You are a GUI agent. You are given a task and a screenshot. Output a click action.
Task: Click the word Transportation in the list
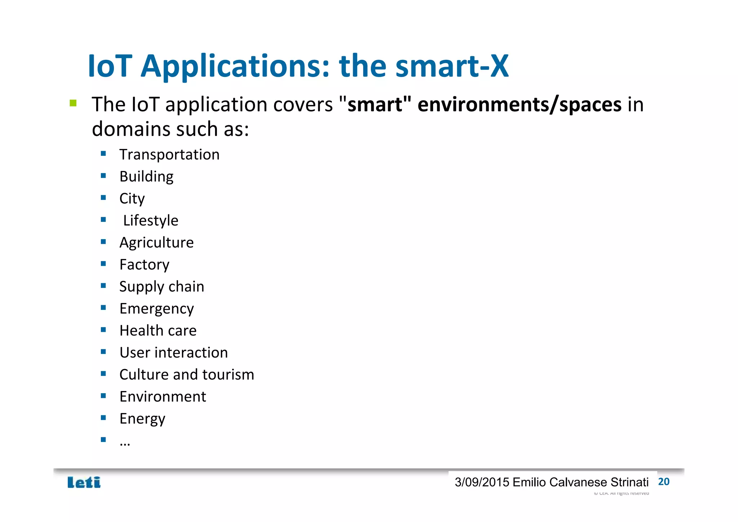click(x=169, y=155)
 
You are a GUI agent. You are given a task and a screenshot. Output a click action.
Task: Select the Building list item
click(x=146, y=177)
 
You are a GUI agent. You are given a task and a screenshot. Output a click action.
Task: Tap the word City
click(x=132, y=199)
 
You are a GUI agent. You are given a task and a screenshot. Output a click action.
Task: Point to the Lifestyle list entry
click(x=151, y=221)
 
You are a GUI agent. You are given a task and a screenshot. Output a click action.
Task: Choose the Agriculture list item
click(x=156, y=243)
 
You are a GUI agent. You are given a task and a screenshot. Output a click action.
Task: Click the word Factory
click(x=144, y=265)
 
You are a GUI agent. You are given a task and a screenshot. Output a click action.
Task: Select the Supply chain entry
click(x=161, y=287)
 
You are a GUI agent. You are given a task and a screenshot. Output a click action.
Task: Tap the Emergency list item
click(x=156, y=309)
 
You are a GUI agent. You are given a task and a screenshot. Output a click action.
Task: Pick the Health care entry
click(x=158, y=331)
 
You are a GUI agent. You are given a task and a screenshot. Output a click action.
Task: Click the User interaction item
click(x=174, y=353)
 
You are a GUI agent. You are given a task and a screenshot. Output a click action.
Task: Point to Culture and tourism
click(x=187, y=375)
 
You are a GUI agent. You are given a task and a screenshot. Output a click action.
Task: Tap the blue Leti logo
click(x=84, y=482)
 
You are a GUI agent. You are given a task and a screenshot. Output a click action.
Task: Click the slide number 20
click(x=663, y=482)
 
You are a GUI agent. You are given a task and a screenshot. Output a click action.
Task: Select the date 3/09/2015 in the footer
click(x=482, y=482)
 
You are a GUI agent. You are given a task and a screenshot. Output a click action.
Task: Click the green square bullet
click(x=73, y=104)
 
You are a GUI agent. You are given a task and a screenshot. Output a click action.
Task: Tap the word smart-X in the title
click(x=452, y=66)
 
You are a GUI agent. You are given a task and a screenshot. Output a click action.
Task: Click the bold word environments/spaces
click(x=519, y=105)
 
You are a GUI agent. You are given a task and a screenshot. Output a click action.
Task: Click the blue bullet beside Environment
click(x=103, y=396)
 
